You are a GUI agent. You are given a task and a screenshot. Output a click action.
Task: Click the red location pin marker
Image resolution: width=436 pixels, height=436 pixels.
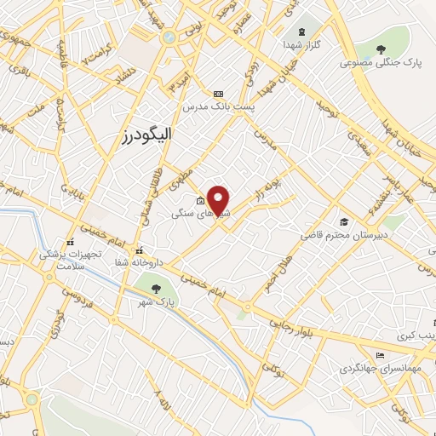pyautogui.click(x=219, y=200)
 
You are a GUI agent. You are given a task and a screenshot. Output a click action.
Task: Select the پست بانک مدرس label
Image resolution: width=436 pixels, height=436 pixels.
pyautogui.click(x=215, y=107)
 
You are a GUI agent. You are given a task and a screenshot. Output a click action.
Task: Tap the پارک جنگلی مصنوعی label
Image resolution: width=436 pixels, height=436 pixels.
pyautogui.click(x=378, y=62)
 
